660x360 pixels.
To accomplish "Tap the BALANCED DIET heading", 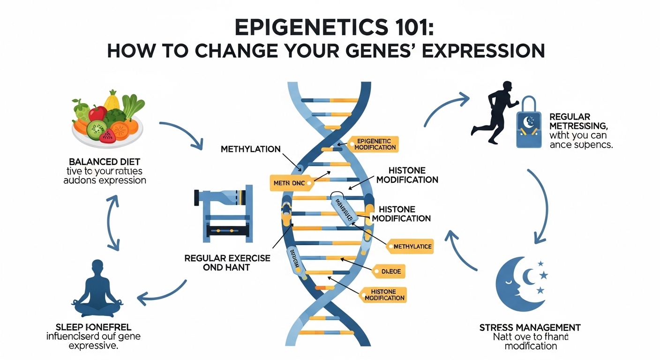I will pos(105,162).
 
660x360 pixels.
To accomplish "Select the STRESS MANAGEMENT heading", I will pos(530,327).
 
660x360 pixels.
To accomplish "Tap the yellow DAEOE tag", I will pos(388,271).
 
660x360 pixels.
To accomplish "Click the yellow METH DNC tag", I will pos(287,183).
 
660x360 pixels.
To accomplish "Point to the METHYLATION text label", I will pos(250,150).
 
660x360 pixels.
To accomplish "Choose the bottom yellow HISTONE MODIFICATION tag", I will pos(383,295).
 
